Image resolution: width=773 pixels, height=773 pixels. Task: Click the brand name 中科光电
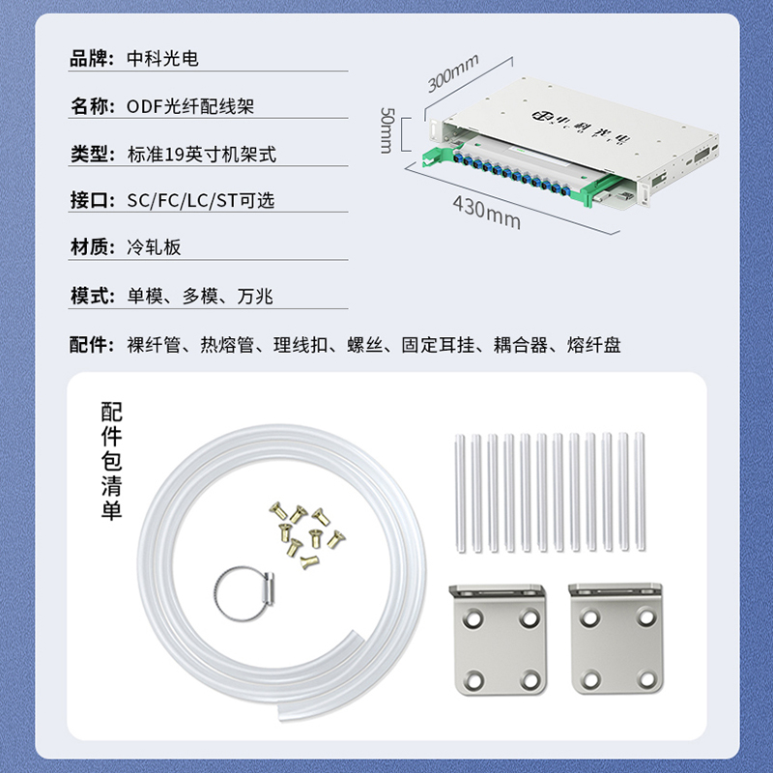click(162, 59)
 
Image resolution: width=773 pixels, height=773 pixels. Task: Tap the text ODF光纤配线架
click(190, 106)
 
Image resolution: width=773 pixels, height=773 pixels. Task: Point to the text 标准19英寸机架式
click(202, 155)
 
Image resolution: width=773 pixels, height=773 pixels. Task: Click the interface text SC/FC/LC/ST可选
click(201, 201)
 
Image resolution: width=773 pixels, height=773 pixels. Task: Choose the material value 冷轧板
click(154, 247)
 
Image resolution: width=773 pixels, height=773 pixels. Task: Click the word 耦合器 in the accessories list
click(520, 345)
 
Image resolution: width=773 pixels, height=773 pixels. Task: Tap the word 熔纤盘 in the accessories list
click(593, 345)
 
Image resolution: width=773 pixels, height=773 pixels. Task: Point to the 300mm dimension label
click(452, 73)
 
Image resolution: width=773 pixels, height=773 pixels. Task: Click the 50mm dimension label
click(387, 130)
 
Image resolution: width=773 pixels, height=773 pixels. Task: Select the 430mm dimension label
click(487, 213)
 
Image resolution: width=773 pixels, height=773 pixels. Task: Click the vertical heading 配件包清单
click(111, 461)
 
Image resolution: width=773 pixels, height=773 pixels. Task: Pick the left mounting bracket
click(499, 640)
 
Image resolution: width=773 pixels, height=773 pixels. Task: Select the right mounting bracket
click(616, 639)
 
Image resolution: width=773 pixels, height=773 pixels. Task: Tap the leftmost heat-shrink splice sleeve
click(460, 494)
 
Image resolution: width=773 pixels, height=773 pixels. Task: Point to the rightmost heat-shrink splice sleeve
click(640, 492)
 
